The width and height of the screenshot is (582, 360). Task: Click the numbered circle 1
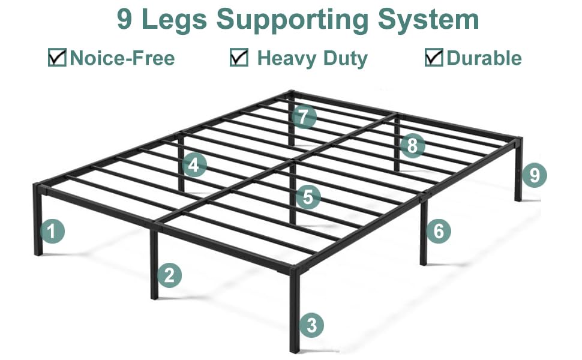pyautogui.click(x=53, y=231)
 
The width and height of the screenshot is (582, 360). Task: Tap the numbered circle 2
pyautogui.click(x=170, y=275)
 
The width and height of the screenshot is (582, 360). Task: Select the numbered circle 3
pyautogui.click(x=311, y=325)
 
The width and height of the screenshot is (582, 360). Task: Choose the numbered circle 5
pyautogui.click(x=308, y=197)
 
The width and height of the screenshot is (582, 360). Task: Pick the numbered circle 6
pyautogui.click(x=439, y=230)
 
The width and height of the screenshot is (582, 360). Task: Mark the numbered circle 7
pyautogui.click(x=304, y=116)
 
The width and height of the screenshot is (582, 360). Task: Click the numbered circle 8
pyautogui.click(x=412, y=145)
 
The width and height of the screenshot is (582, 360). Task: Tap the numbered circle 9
pyautogui.click(x=535, y=175)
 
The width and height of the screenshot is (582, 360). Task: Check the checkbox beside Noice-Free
pyautogui.click(x=57, y=58)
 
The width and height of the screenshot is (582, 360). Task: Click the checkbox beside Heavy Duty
pyautogui.click(x=239, y=58)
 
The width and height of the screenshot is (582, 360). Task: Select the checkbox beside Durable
pyautogui.click(x=434, y=58)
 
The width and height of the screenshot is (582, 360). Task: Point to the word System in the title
pyautogui.click(x=427, y=19)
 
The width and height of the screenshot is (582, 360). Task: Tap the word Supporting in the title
pyautogui.click(x=295, y=19)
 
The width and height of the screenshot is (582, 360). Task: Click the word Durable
pyautogui.click(x=484, y=58)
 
